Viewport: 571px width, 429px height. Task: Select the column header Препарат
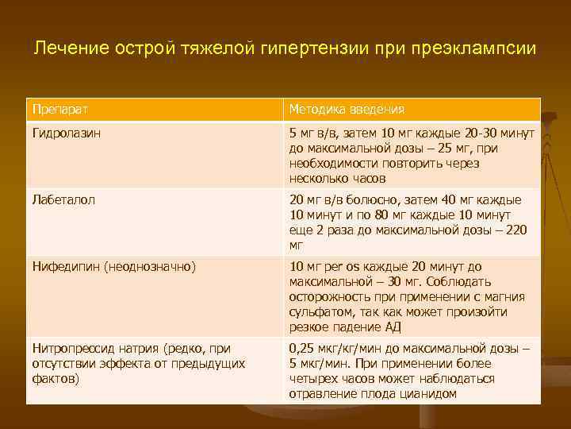click(56, 109)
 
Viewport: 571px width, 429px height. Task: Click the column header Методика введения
click(347, 109)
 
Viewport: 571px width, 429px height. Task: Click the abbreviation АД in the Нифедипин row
click(394, 327)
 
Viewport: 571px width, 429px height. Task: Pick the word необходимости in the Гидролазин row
click(328, 163)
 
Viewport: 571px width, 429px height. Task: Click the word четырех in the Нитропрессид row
click(315, 379)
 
